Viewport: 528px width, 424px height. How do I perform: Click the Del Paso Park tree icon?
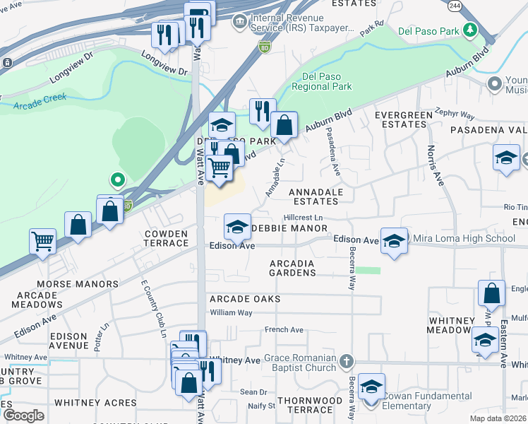469,30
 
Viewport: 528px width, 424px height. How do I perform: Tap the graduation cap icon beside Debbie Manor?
237,227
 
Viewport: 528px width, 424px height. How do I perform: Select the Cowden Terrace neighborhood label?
167,238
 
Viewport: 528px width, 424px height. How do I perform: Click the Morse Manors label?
78,284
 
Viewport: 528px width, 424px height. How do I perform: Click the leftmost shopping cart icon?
42,241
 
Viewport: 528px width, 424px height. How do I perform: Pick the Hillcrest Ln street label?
303,218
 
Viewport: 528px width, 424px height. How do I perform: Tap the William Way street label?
231,312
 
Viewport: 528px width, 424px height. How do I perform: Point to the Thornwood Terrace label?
309,405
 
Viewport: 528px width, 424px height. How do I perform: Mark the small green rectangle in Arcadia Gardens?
367,270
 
